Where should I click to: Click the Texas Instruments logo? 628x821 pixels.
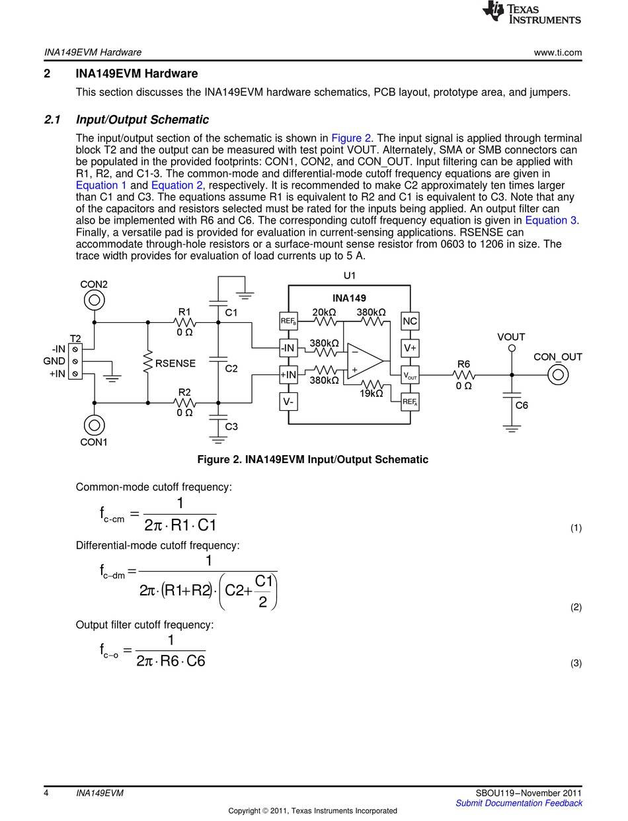pyautogui.click(x=531, y=12)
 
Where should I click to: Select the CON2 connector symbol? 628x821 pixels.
pyautogui.click(x=94, y=300)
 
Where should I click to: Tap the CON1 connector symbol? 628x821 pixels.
pyautogui.click(x=94, y=425)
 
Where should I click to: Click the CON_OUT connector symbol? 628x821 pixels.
pyautogui.click(x=558, y=375)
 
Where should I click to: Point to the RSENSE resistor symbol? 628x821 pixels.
pyautogui.click(x=148, y=363)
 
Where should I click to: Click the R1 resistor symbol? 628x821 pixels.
pyautogui.click(x=184, y=322)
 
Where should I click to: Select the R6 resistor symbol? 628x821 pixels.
pyautogui.click(x=464, y=375)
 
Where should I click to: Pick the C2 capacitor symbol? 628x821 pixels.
pyautogui.click(x=218, y=359)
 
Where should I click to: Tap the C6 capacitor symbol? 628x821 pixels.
pyautogui.click(x=512, y=395)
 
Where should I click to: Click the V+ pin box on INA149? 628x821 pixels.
pyautogui.click(x=410, y=348)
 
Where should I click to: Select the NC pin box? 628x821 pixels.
pyautogui.click(x=410, y=321)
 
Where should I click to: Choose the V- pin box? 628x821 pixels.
pyautogui.click(x=288, y=402)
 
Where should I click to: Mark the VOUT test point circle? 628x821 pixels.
pyautogui.click(x=512, y=348)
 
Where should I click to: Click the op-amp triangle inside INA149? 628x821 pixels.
pyautogui.click(x=366, y=361)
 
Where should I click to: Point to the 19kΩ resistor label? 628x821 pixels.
pyautogui.click(x=371, y=394)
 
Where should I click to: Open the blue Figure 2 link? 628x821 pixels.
pyautogui.click(x=351, y=138)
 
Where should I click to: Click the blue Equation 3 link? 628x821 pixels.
pyautogui.click(x=551, y=220)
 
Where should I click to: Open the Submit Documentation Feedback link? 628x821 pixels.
pyautogui.click(x=518, y=803)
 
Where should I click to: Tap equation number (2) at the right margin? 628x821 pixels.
pyautogui.click(x=576, y=607)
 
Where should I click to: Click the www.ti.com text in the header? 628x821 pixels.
pyautogui.click(x=558, y=52)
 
